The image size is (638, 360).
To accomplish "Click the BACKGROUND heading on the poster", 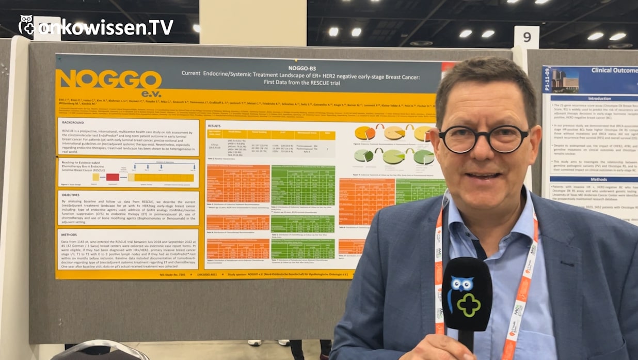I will coord(73,122).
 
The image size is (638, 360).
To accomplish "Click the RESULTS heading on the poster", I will coord(214,126).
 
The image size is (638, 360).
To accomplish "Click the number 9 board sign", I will coord(527,37).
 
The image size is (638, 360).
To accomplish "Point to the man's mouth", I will coord(483,176).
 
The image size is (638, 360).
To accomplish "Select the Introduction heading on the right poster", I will coord(599,98).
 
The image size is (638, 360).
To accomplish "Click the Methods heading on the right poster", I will coord(599,179).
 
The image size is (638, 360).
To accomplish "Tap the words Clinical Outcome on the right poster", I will coord(614,71).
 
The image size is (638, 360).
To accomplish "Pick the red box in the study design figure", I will coord(113,177).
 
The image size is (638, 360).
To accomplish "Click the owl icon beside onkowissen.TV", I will coord(26,25).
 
